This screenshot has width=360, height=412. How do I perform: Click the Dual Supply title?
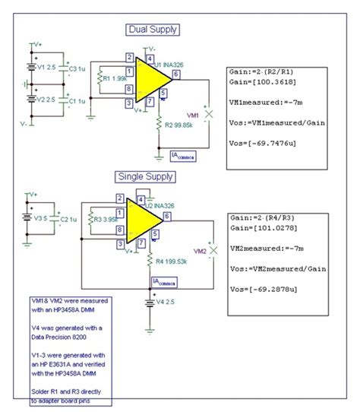(153, 30)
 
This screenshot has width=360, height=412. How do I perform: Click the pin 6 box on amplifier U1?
(176, 74)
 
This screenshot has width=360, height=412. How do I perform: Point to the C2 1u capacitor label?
(68, 219)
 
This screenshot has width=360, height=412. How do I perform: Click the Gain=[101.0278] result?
(261, 227)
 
